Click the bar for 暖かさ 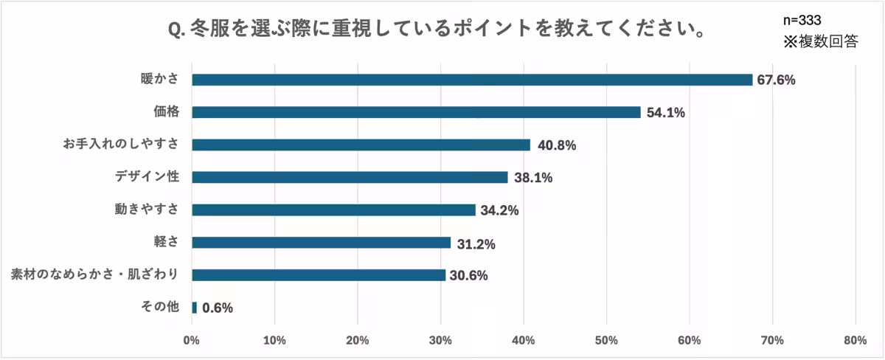(x=472, y=80)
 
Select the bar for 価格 (x=416, y=112)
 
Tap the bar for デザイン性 (x=350, y=177)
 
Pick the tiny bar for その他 (x=194, y=307)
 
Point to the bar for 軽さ (x=321, y=242)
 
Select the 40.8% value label (x=556, y=145)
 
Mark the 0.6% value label (x=217, y=308)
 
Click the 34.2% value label (x=499, y=210)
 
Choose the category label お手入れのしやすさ (x=121, y=144)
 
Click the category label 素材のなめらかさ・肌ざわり (x=94, y=274)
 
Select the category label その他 (x=159, y=307)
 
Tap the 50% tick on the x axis (x=606, y=341)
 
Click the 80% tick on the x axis (x=855, y=341)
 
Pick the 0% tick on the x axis (x=192, y=341)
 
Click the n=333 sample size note (x=802, y=20)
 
